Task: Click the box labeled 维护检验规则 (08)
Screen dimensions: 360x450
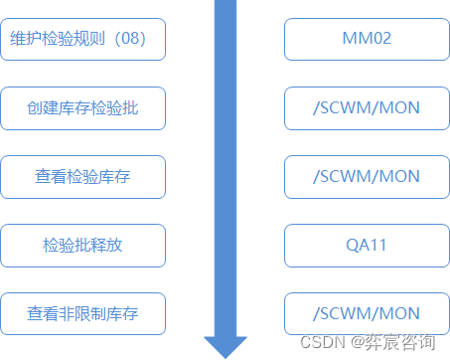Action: pos(82,39)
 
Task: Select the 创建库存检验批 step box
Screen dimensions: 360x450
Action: pos(82,107)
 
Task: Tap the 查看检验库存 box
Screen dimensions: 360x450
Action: pos(82,176)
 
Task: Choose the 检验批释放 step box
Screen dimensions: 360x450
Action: pos(82,245)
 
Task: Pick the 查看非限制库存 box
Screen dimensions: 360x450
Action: pos(82,313)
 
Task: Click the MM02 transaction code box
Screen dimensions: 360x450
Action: pos(366,39)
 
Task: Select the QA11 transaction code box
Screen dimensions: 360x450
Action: pos(366,245)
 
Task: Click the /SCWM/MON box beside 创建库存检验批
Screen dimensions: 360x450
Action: pos(366,107)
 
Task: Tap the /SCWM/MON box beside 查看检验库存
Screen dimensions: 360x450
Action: pos(366,176)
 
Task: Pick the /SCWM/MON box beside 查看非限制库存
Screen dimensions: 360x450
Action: pos(366,313)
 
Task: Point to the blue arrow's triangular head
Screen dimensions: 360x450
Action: pos(225,345)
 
